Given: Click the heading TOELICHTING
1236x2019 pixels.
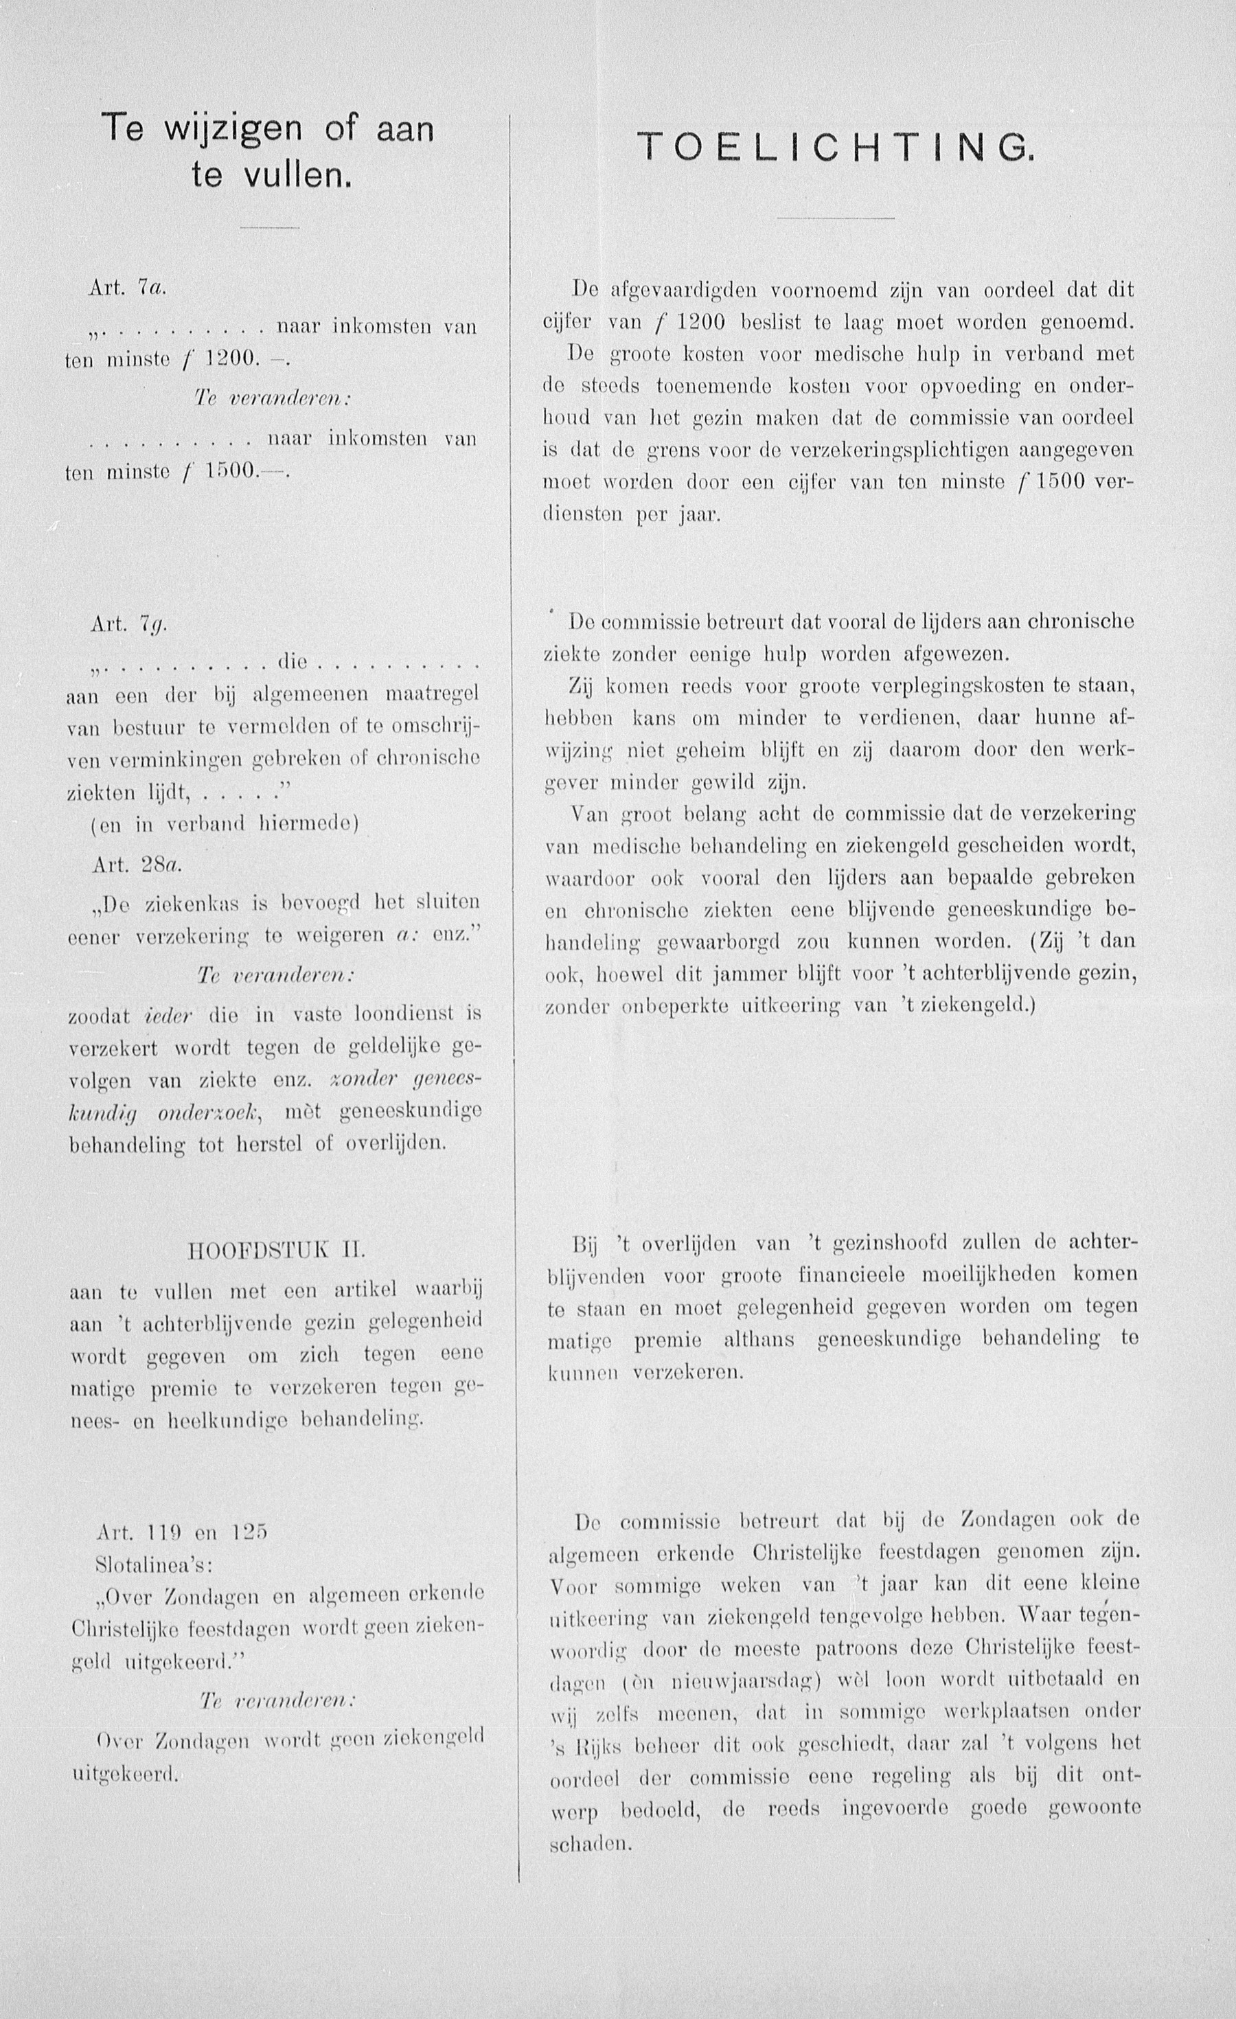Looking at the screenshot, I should point(835,148).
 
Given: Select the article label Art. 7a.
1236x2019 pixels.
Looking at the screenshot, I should point(128,288).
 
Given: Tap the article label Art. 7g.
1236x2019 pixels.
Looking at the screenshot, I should point(128,624).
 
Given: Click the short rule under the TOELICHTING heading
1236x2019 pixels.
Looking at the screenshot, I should point(835,218).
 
